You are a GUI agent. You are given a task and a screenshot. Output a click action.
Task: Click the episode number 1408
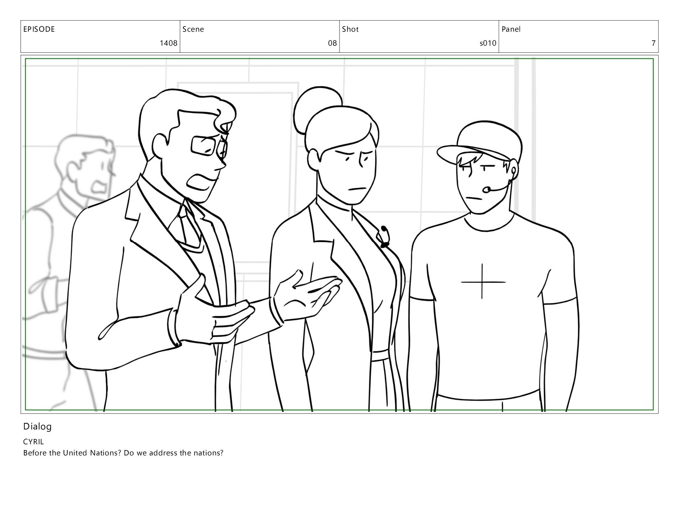pyautogui.click(x=169, y=43)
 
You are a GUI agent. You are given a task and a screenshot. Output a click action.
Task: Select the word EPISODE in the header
pyautogui.click(x=39, y=29)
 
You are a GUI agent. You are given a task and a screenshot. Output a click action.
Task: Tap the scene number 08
pyautogui.click(x=332, y=43)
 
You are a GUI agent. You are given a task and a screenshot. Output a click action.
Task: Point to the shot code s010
pyautogui.click(x=488, y=43)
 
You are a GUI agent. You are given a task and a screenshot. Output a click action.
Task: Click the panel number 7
pyautogui.click(x=653, y=43)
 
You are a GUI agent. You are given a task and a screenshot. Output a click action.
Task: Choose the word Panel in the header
pyautogui.click(x=511, y=29)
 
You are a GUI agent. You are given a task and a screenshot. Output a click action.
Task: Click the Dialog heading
pyautogui.click(x=37, y=427)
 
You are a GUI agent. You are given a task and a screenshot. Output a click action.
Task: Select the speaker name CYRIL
pyautogui.click(x=33, y=441)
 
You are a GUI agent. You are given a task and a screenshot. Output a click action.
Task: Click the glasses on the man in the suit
pyautogui.click(x=209, y=146)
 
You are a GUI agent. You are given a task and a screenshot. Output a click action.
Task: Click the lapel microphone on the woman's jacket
pyautogui.click(x=385, y=236)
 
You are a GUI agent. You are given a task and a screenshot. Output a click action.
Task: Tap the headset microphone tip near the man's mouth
pyautogui.click(x=487, y=189)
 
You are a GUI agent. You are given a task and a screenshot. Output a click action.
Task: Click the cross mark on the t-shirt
pyautogui.click(x=483, y=281)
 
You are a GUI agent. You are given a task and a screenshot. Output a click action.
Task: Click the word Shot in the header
pyautogui.click(x=350, y=29)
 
